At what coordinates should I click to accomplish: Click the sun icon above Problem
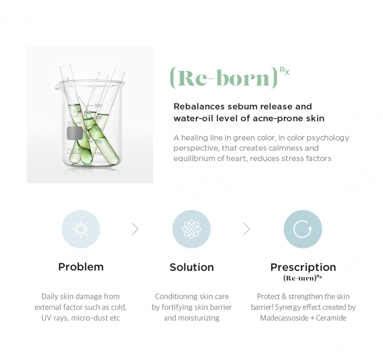(80, 229)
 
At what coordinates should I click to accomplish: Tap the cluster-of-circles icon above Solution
(192, 229)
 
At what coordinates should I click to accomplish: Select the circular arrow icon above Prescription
(303, 229)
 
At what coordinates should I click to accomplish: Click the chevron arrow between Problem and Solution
(135, 229)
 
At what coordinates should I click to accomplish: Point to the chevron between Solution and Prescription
(246, 229)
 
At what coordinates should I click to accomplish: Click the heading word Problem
(81, 267)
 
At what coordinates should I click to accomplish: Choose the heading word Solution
(192, 267)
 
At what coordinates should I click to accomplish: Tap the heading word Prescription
(303, 267)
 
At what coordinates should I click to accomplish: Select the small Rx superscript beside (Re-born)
(284, 71)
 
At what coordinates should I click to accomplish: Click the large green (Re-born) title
(224, 78)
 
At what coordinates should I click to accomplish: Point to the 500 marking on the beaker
(98, 106)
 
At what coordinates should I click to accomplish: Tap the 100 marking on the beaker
(98, 153)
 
